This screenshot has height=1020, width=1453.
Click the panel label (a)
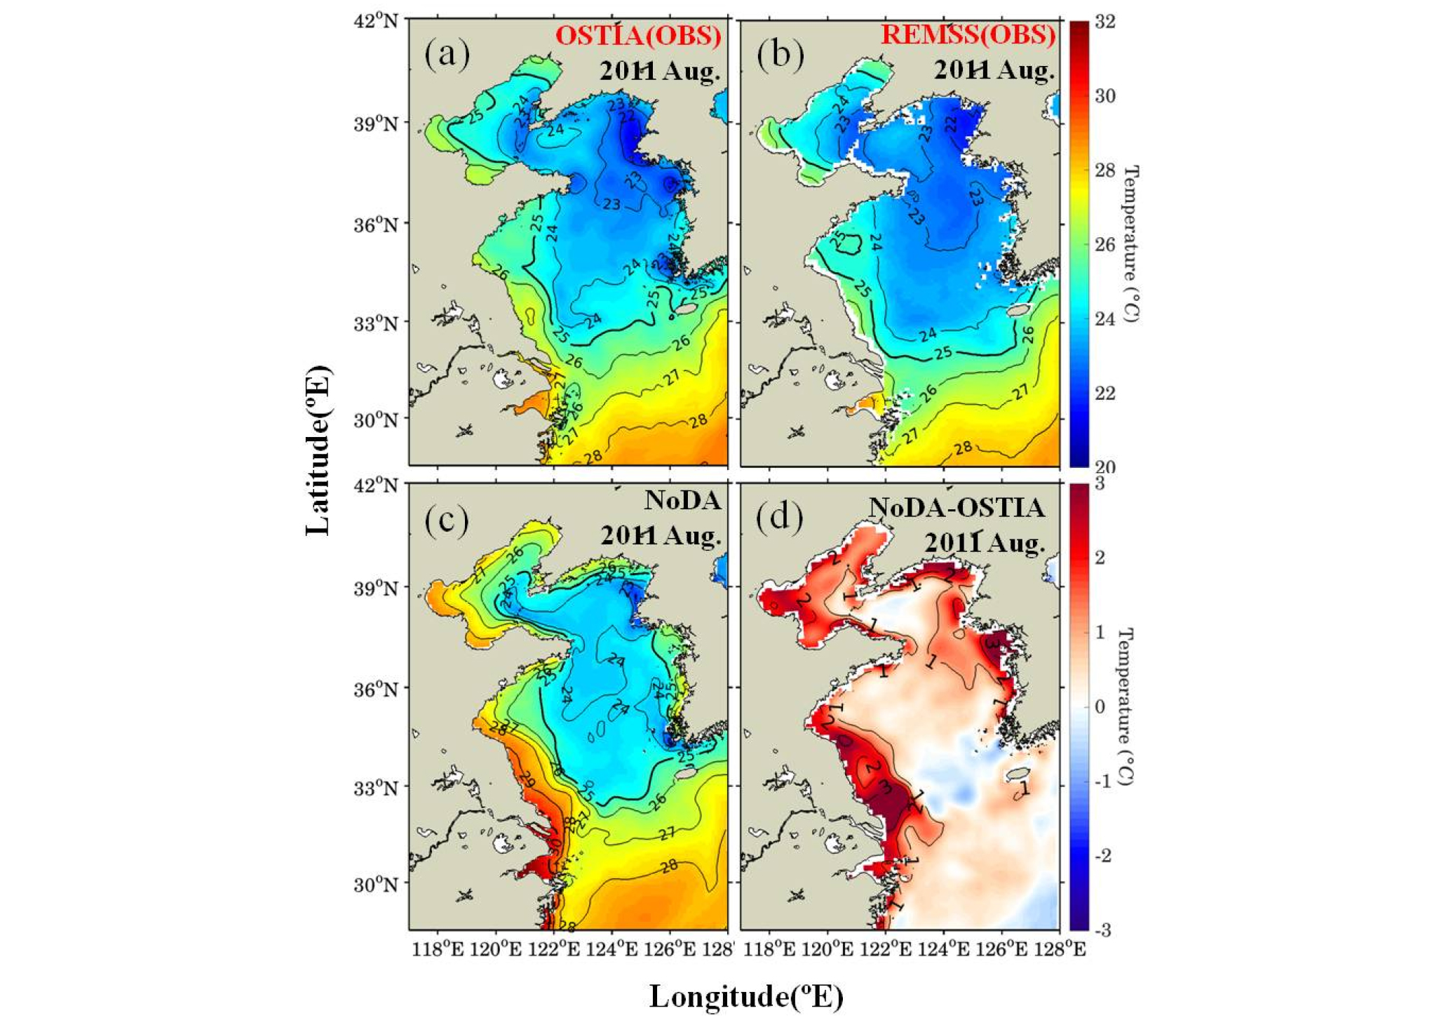(447, 55)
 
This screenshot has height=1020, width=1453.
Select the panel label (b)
(780, 55)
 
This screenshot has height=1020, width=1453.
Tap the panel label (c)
(447, 519)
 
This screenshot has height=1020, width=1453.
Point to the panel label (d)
(780, 517)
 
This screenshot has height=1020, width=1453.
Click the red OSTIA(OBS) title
(638, 35)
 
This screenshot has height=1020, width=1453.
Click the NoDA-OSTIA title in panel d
(957, 507)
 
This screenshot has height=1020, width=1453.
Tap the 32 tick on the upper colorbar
(1105, 22)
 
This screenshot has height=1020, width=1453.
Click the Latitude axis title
(318, 450)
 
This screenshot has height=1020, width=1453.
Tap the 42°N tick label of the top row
(376, 21)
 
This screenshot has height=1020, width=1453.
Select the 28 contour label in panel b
(964, 447)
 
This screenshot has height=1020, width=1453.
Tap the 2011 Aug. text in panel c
(661, 536)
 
